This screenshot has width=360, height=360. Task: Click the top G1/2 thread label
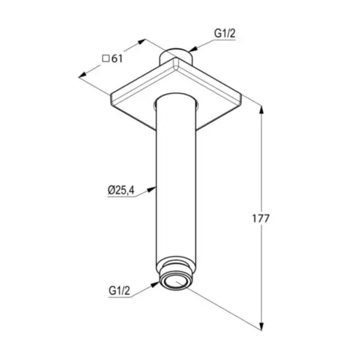(224, 34)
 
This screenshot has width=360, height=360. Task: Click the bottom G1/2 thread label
(119, 291)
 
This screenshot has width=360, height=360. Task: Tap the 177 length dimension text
(261, 219)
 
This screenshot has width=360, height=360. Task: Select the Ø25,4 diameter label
(121, 190)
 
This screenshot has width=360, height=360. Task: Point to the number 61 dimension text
(117, 59)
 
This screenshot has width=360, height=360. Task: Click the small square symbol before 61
(106, 58)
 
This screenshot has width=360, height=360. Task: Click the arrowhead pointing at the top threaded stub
(193, 49)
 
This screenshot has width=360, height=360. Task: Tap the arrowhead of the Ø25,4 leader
(152, 189)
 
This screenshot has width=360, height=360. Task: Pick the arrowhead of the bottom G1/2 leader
(155, 285)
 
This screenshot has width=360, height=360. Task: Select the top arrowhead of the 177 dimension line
(261, 110)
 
